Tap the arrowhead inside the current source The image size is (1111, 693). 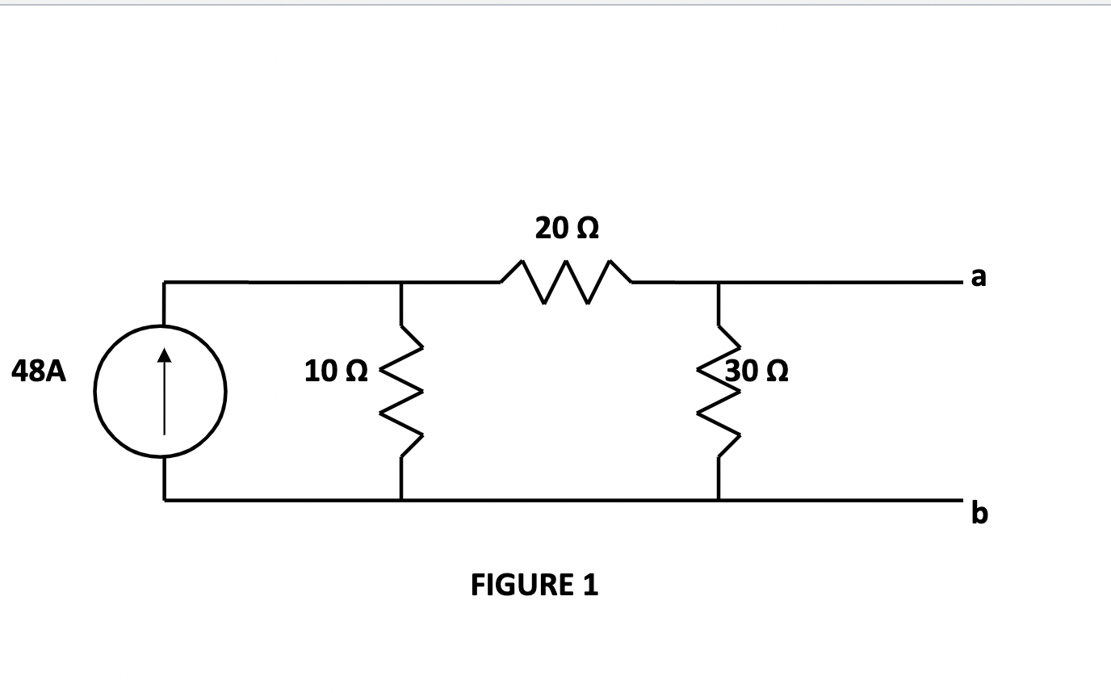tap(164, 354)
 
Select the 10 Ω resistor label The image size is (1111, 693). tap(337, 371)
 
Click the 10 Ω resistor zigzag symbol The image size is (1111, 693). tap(400, 393)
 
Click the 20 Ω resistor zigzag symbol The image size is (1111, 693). tap(566, 282)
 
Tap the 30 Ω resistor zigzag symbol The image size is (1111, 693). tap(718, 393)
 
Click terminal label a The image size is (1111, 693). tap(979, 277)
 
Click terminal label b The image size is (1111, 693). tap(979, 513)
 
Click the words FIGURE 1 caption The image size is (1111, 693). tap(535, 584)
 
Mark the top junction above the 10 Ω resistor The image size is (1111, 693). tap(400, 283)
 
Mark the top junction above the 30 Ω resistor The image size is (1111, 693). tap(718, 283)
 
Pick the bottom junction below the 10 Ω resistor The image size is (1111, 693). tap(400, 500)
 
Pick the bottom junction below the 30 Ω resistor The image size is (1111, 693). tap(718, 500)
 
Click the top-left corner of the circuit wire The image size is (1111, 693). tap(165, 283)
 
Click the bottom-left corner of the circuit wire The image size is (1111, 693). tap(165, 500)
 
